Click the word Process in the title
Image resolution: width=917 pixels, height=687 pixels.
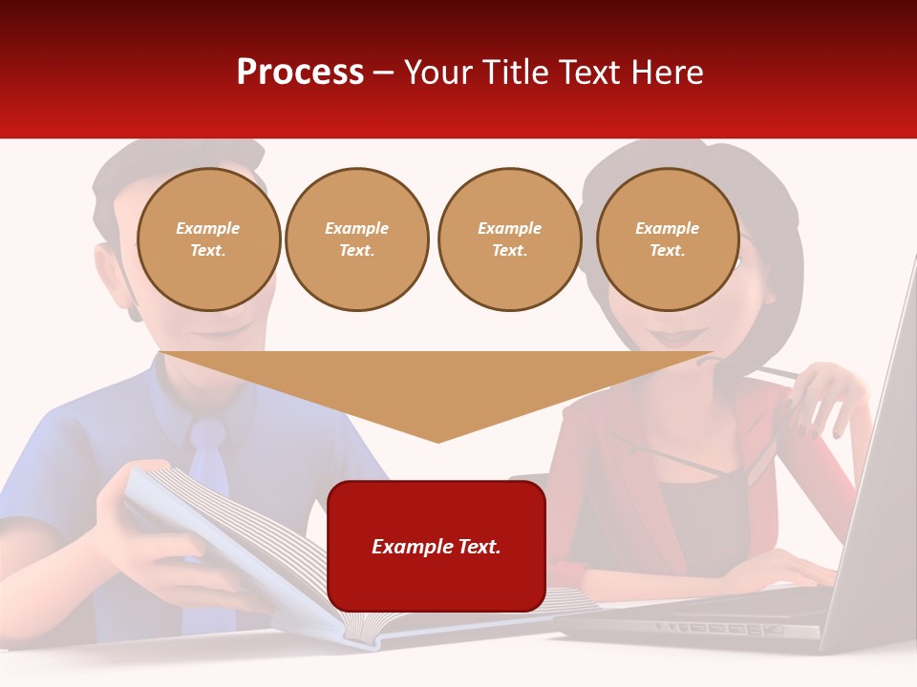[x=300, y=73]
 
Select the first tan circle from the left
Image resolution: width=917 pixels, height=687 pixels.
[x=209, y=239]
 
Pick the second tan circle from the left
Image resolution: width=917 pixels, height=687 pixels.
[x=357, y=239]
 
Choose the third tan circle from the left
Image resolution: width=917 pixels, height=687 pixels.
[x=510, y=239]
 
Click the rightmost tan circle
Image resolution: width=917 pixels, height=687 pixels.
[x=668, y=239]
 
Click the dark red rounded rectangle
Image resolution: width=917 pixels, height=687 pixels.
[x=437, y=546]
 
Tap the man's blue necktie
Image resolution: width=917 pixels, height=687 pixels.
[x=208, y=458]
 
